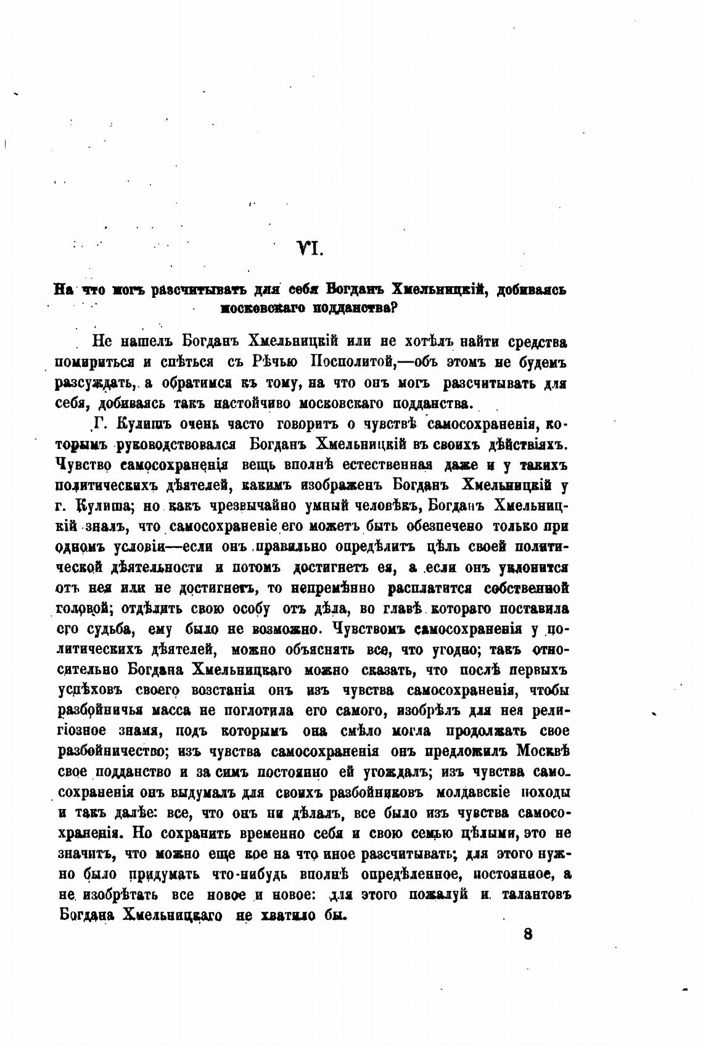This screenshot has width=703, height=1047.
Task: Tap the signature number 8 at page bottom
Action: point(527,933)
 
